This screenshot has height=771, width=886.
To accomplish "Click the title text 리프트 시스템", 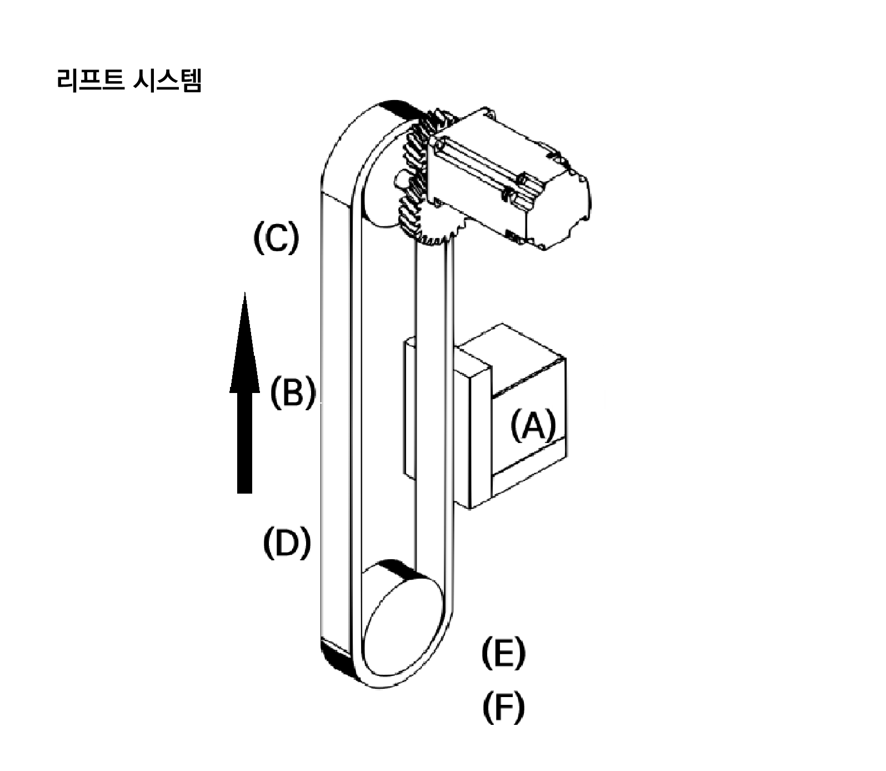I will point(129,81).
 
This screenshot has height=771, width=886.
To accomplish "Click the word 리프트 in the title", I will point(90,81).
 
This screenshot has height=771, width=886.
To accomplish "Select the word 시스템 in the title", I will point(167,81).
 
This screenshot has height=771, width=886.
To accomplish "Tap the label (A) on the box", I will point(533,426).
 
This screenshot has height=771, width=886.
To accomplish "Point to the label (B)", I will point(292,392).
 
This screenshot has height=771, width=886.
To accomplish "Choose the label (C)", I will point(276,238).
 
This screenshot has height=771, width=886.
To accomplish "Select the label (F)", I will point(503,707).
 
